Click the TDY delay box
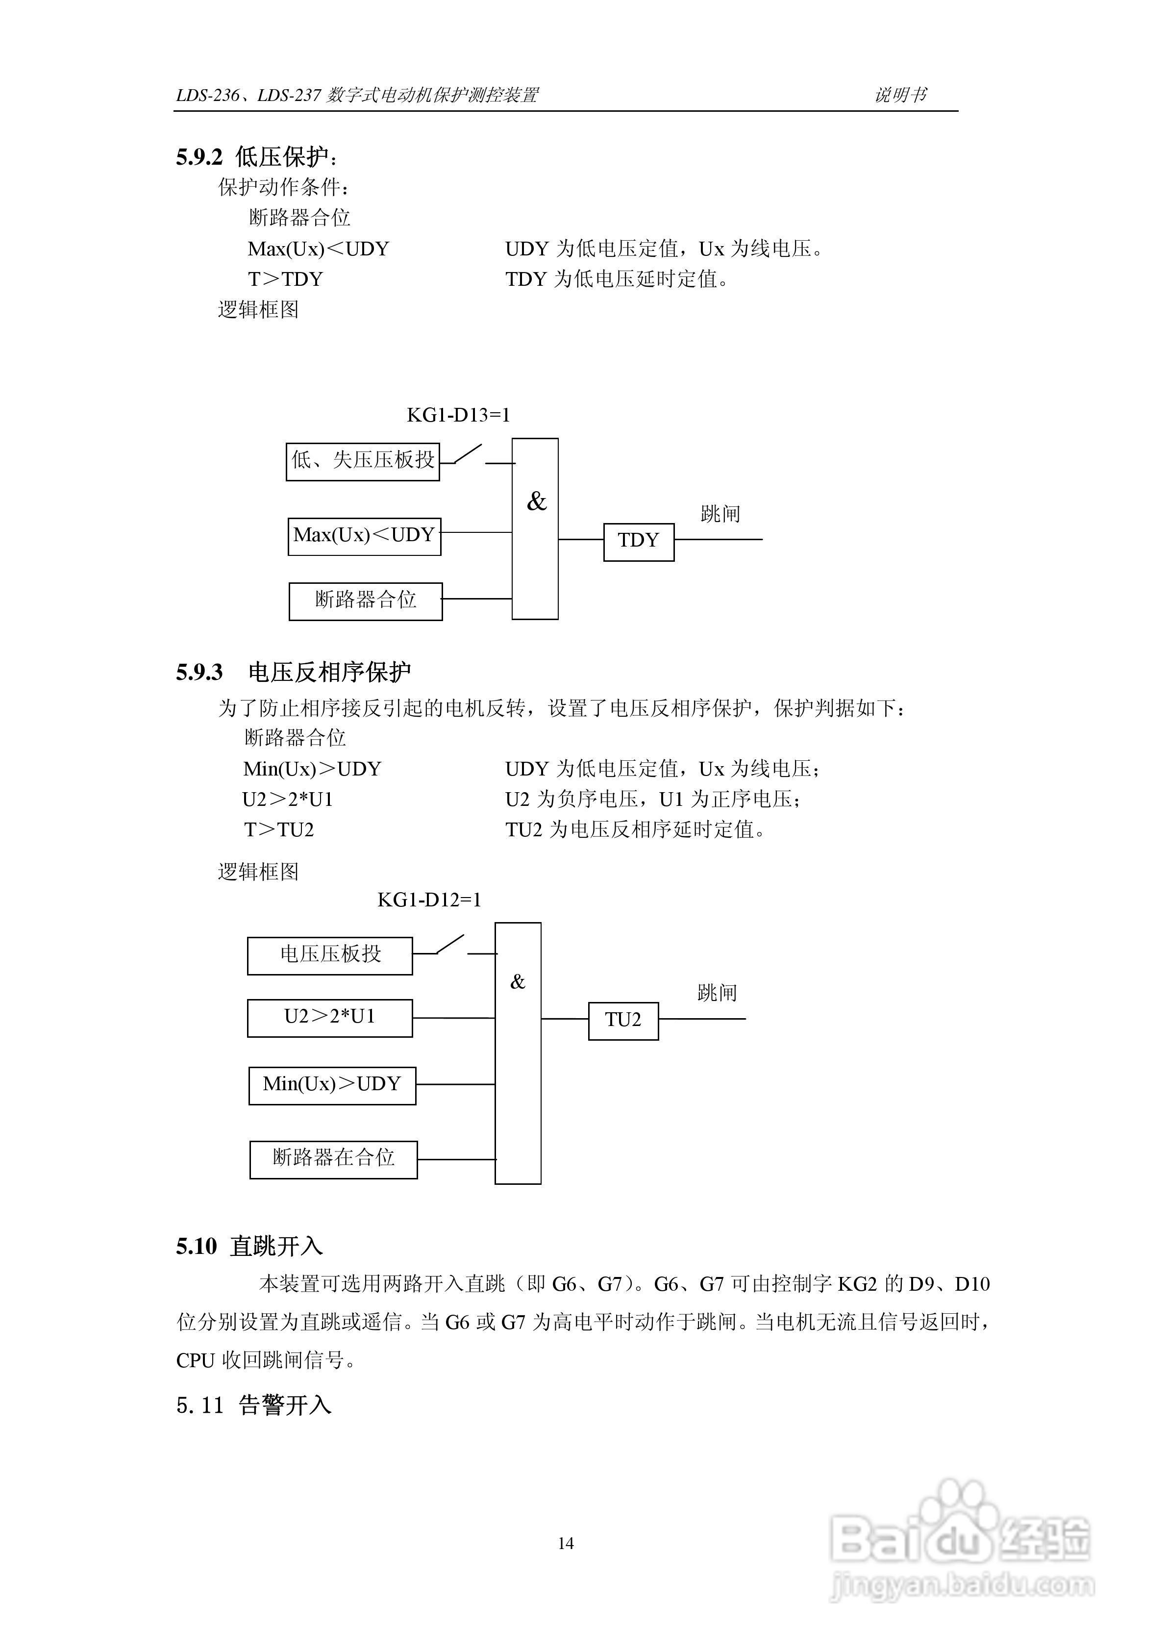pos(638,542)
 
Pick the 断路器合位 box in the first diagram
pos(365,600)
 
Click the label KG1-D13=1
pos(458,415)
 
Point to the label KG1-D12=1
pos(429,900)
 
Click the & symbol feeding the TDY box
pos(536,502)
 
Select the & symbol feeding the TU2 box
pos(518,981)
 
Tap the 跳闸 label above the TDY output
pos(720,513)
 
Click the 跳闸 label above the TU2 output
pos(717,993)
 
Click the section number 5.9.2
pos(199,157)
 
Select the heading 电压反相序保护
pos(329,673)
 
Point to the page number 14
pos(566,1543)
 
